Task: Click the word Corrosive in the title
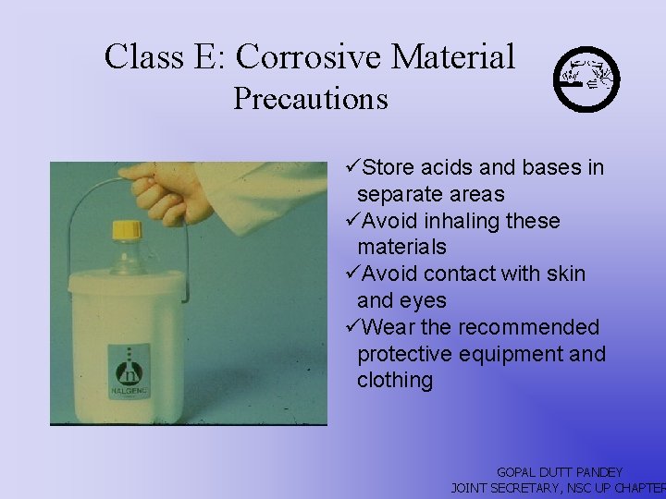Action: [308, 56]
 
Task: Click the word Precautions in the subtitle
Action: [310, 98]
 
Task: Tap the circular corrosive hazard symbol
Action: [586, 78]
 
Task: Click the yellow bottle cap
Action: [126, 228]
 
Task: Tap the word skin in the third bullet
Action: [563, 274]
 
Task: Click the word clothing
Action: [395, 381]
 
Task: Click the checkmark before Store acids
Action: [351, 167]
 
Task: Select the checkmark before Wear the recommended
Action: [351, 327]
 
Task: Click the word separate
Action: [399, 194]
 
